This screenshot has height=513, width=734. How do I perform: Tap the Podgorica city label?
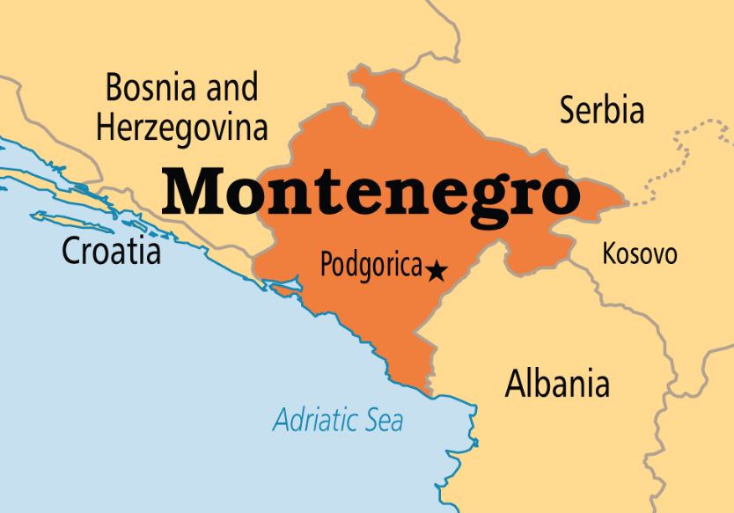[x=371, y=265]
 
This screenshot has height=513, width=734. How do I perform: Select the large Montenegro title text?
[x=370, y=192]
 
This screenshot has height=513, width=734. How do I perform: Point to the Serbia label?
[x=602, y=111]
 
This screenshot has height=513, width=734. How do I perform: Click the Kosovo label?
[x=640, y=254]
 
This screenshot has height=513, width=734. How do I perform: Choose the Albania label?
[x=556, y=384]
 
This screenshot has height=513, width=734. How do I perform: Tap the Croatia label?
[x=111, y=252]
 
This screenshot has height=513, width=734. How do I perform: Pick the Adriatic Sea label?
[x=338, y=419]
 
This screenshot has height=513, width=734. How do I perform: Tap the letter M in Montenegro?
[x=192, y=190]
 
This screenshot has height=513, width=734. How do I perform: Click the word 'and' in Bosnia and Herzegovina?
[x=231, y=88]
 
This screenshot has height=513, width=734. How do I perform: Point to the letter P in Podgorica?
[x=327, y=264]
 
